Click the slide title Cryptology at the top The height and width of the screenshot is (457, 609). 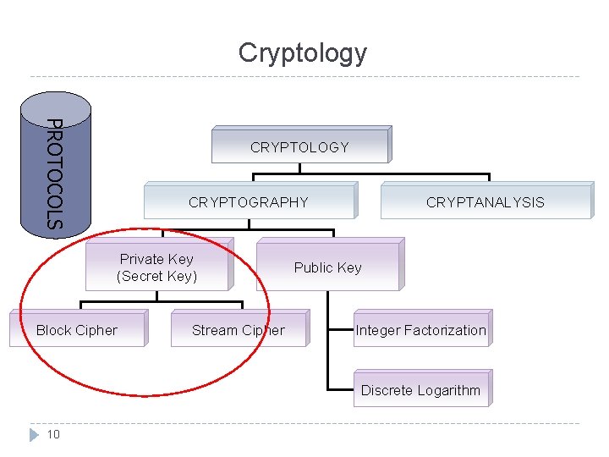303,52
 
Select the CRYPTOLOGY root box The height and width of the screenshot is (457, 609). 299,147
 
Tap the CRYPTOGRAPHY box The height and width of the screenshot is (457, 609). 249,202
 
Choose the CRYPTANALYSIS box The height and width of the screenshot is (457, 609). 486,202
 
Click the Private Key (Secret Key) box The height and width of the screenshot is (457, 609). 157,267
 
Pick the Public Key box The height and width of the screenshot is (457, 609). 327,267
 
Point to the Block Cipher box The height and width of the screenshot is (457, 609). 77,330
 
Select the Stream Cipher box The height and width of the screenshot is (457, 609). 239,330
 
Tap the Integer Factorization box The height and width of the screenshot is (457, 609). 420,330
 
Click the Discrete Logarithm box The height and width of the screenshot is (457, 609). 420,390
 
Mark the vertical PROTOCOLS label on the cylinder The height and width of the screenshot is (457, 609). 54,174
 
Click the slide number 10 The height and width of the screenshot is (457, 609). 53,434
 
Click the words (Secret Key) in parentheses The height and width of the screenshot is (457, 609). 157,276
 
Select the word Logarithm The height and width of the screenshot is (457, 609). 447,390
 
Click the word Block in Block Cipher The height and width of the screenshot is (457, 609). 54,330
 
